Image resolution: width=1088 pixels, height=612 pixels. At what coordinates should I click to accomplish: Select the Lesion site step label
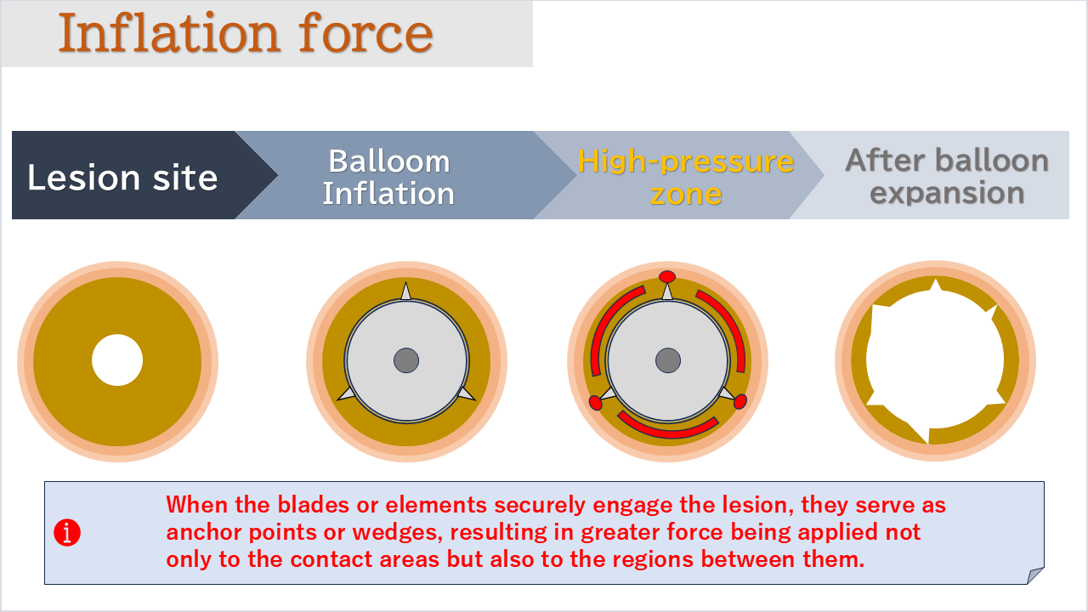point(122,178)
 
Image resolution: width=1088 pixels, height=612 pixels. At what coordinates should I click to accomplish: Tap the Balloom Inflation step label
point(388,177)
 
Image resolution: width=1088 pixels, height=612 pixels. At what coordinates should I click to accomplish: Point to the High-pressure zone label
point(685,177)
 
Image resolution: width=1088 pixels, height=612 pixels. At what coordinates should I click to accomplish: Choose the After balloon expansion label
point(947,176)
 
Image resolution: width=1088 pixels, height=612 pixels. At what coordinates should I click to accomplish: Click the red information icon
point(67,533)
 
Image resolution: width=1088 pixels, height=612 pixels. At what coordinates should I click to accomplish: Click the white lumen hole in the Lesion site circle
point(117,360)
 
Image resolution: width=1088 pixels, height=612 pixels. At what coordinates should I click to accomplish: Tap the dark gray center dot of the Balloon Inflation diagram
point(406,360)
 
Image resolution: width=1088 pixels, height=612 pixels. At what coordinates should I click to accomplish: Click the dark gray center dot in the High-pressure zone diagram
point(668,360)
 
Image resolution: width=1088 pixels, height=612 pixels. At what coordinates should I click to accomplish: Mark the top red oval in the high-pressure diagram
point(667,276)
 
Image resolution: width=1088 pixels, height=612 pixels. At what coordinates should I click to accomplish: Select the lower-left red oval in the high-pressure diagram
point(595,403)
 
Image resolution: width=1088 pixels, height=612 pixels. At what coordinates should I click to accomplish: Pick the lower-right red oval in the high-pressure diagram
point(740,401)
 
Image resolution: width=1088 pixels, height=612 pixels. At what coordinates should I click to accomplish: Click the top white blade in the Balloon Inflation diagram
point(405,292)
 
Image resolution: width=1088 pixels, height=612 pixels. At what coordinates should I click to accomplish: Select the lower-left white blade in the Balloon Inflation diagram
point(347,394)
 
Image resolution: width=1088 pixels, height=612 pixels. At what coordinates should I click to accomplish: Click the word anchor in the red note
point(202,533)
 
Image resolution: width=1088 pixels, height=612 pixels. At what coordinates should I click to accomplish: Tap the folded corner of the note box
point(1036,575)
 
